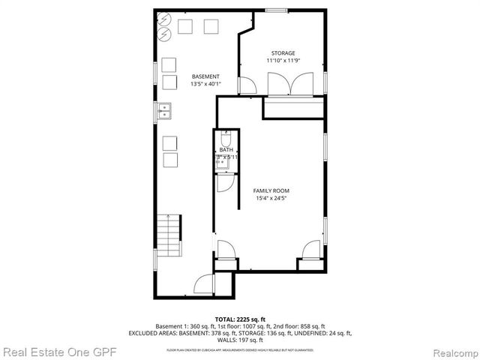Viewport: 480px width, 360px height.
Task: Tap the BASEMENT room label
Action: (x=205, y=76)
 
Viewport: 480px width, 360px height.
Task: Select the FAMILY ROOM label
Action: (x=271, y=190)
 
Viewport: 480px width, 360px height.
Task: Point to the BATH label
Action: (x=226, y=151)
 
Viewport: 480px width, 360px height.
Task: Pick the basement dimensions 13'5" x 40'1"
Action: (x=205, y=85)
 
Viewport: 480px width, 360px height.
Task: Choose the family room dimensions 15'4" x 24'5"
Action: (x=271, y=199)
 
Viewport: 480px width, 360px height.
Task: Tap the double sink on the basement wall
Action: (x=165, y=112)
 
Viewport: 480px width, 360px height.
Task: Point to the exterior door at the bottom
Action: (x=204, y=284)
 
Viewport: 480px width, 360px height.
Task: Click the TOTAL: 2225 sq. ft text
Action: (x=240, y=319)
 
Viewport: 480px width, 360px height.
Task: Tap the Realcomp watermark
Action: (x=447, y=351)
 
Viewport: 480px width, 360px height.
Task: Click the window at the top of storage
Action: (x=276, y=10)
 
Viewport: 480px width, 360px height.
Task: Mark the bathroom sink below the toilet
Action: (x=220, y=160)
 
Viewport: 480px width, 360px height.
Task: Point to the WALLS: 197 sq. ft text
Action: (x=240, y=340)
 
